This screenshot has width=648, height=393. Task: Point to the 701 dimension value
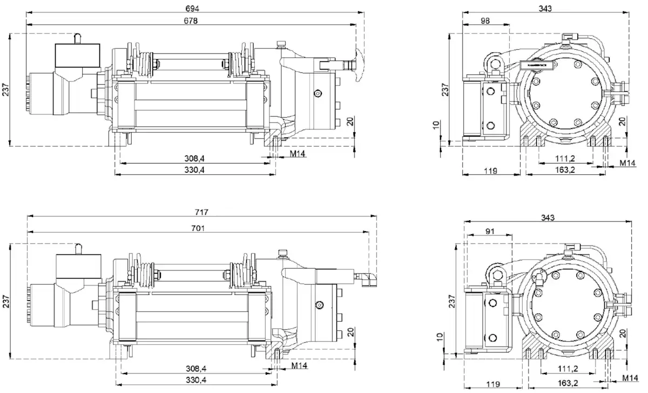[x=198, y=228]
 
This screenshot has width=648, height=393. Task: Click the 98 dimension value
[x=485, y=21]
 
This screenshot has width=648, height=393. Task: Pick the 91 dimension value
[x=490, y=231]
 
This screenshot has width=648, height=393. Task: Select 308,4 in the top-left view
[x=194, y=158]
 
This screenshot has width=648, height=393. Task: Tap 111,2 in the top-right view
[x=565, y=158]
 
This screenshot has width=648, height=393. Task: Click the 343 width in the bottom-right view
[x=548, y=218]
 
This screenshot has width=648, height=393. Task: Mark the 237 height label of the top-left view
[x=6, y=89]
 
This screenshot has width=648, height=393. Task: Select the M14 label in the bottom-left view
[x=299, y=365]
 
